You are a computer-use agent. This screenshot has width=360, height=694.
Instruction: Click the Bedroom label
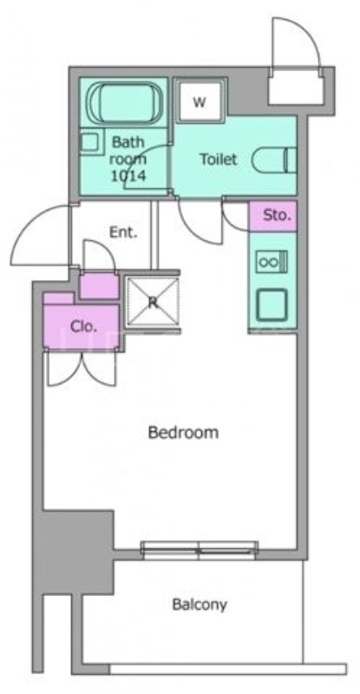[182, 432]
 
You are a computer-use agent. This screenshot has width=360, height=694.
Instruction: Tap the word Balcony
[199, 605]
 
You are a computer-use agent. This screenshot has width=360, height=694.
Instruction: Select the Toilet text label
[218, 160]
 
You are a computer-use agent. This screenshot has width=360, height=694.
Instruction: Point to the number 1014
[127, 176]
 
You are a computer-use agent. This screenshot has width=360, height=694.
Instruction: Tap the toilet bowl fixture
[276, 160]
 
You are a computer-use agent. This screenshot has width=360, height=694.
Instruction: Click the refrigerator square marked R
[152, 302]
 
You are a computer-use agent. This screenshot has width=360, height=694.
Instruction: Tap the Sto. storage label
[276, 214]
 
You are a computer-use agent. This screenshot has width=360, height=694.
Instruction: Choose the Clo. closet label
[82, 326]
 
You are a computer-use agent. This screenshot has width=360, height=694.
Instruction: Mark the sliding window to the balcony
[200, 547]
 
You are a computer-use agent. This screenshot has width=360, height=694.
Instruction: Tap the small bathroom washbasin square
[90, 141]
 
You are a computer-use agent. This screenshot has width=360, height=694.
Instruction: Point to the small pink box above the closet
[98, 285]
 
